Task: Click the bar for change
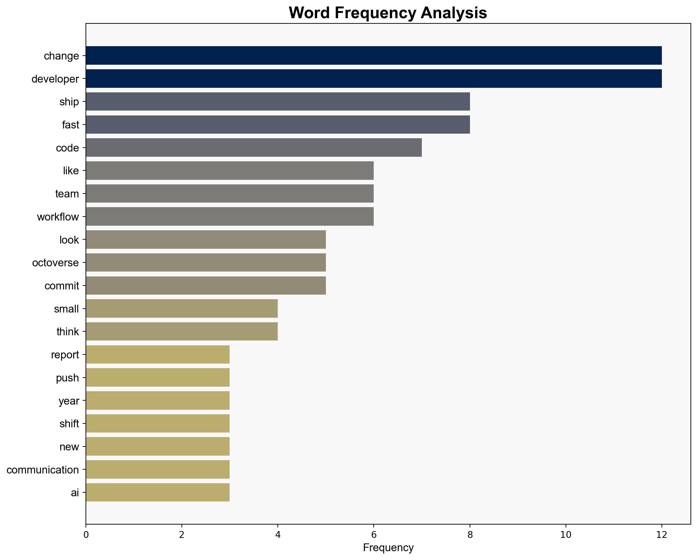[373, 56]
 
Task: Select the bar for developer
[373, 79]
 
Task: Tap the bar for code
[254, 148]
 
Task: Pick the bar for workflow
[230, 217]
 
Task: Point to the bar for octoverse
[206, 262]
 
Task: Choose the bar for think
[181, 331]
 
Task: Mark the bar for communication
[158, 470]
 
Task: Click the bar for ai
[158, 492]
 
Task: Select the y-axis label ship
[69, 102]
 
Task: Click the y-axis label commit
[61, 286]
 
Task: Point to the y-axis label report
[65, 355]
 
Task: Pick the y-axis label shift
[69, 424]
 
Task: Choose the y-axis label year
[69, 401]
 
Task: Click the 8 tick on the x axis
[470, 535]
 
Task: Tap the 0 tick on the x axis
[86, 535]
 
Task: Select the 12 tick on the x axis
[662, 535]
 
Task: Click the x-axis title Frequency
[388, 548]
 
